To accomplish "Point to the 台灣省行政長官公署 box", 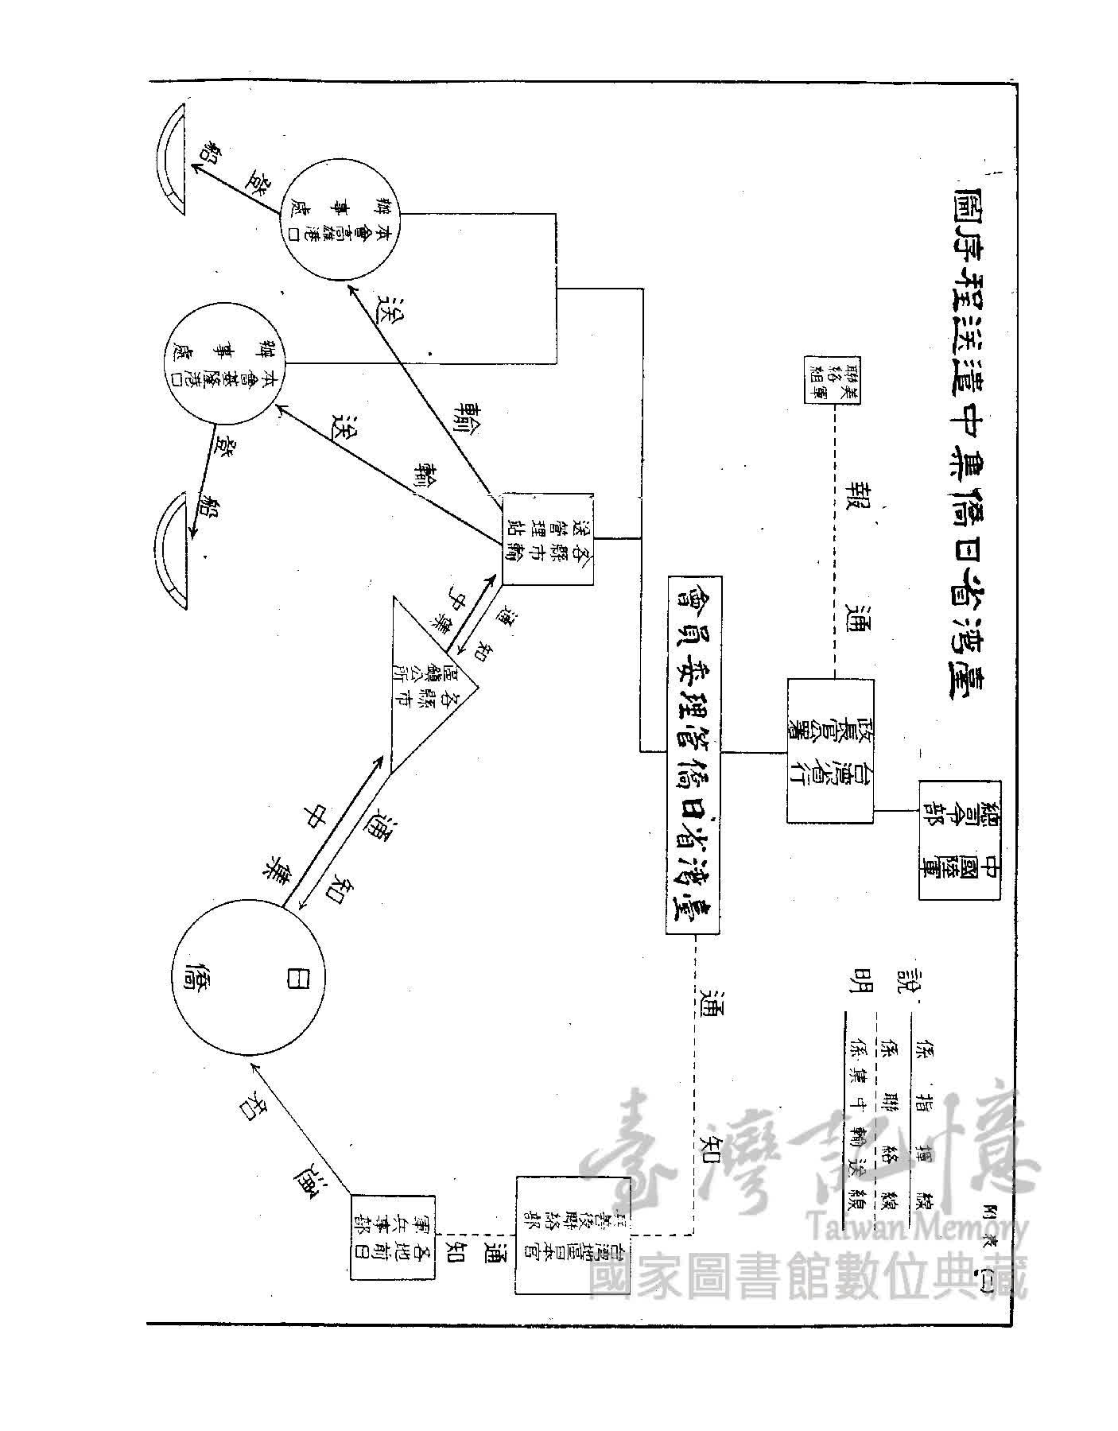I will coord(829,751).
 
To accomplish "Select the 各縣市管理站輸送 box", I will coord(548,539).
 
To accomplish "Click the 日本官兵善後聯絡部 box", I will coord(557,1235).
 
